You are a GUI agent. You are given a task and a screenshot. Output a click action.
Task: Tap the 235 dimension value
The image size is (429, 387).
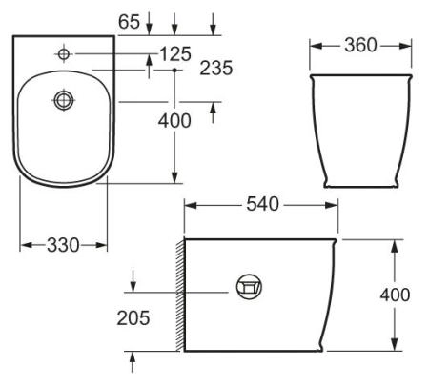click(x=218, y=69)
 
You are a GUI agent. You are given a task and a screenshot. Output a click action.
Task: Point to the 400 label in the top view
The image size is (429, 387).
click(x=174, y=120)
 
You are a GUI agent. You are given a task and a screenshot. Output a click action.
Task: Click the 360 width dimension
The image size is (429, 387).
click(x=361, y=45)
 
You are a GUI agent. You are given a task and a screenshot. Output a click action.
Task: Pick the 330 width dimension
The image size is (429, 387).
click(x=64, y=245)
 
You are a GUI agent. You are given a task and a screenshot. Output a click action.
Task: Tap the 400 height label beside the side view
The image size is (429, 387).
click(x=395, y=295)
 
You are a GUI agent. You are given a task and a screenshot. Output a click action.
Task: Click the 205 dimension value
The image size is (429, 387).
click(x=133, y=317)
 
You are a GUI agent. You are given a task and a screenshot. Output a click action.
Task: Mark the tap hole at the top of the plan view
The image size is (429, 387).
click(x=64, y=54)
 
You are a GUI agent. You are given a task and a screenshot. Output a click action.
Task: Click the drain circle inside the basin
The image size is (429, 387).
click(x=64, y=98)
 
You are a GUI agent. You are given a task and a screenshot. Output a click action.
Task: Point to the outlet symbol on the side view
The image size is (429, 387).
click(x=249, y=285)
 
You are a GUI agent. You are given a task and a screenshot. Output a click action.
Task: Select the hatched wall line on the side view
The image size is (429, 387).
click(x=179, y=295)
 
